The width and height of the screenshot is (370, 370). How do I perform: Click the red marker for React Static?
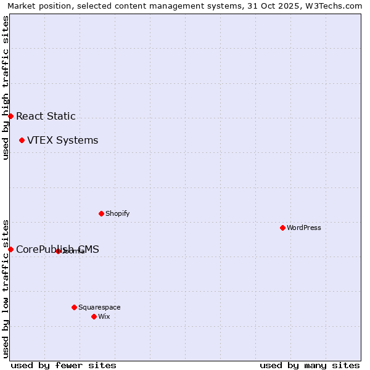point(10,116)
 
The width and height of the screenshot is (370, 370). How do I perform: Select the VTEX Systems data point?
point(22,140)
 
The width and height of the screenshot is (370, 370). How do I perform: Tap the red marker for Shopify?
point(101,213)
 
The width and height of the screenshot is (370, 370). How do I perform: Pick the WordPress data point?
point(282,228)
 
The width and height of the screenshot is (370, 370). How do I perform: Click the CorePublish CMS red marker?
point(10,249)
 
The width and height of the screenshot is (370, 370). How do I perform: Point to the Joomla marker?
point(58,251)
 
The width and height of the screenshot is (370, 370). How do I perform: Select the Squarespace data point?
point(74,307)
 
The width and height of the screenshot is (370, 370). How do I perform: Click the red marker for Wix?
point(94,316)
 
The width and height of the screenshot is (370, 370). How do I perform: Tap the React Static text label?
point(46,116)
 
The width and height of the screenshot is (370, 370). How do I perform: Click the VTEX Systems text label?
point(62,140)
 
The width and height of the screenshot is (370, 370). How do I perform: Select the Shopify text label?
point(117,213)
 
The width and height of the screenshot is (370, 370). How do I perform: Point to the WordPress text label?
point(304,228)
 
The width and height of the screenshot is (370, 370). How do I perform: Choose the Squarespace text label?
point(99,307)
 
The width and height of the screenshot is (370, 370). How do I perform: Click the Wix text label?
point(104,316)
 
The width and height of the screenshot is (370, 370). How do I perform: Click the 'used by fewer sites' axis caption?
point(64,365)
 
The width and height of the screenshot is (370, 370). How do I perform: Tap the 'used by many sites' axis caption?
point(310,365)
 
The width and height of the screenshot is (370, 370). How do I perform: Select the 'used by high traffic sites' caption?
point(6,88)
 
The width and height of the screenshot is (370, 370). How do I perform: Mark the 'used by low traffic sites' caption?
point(6,288)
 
